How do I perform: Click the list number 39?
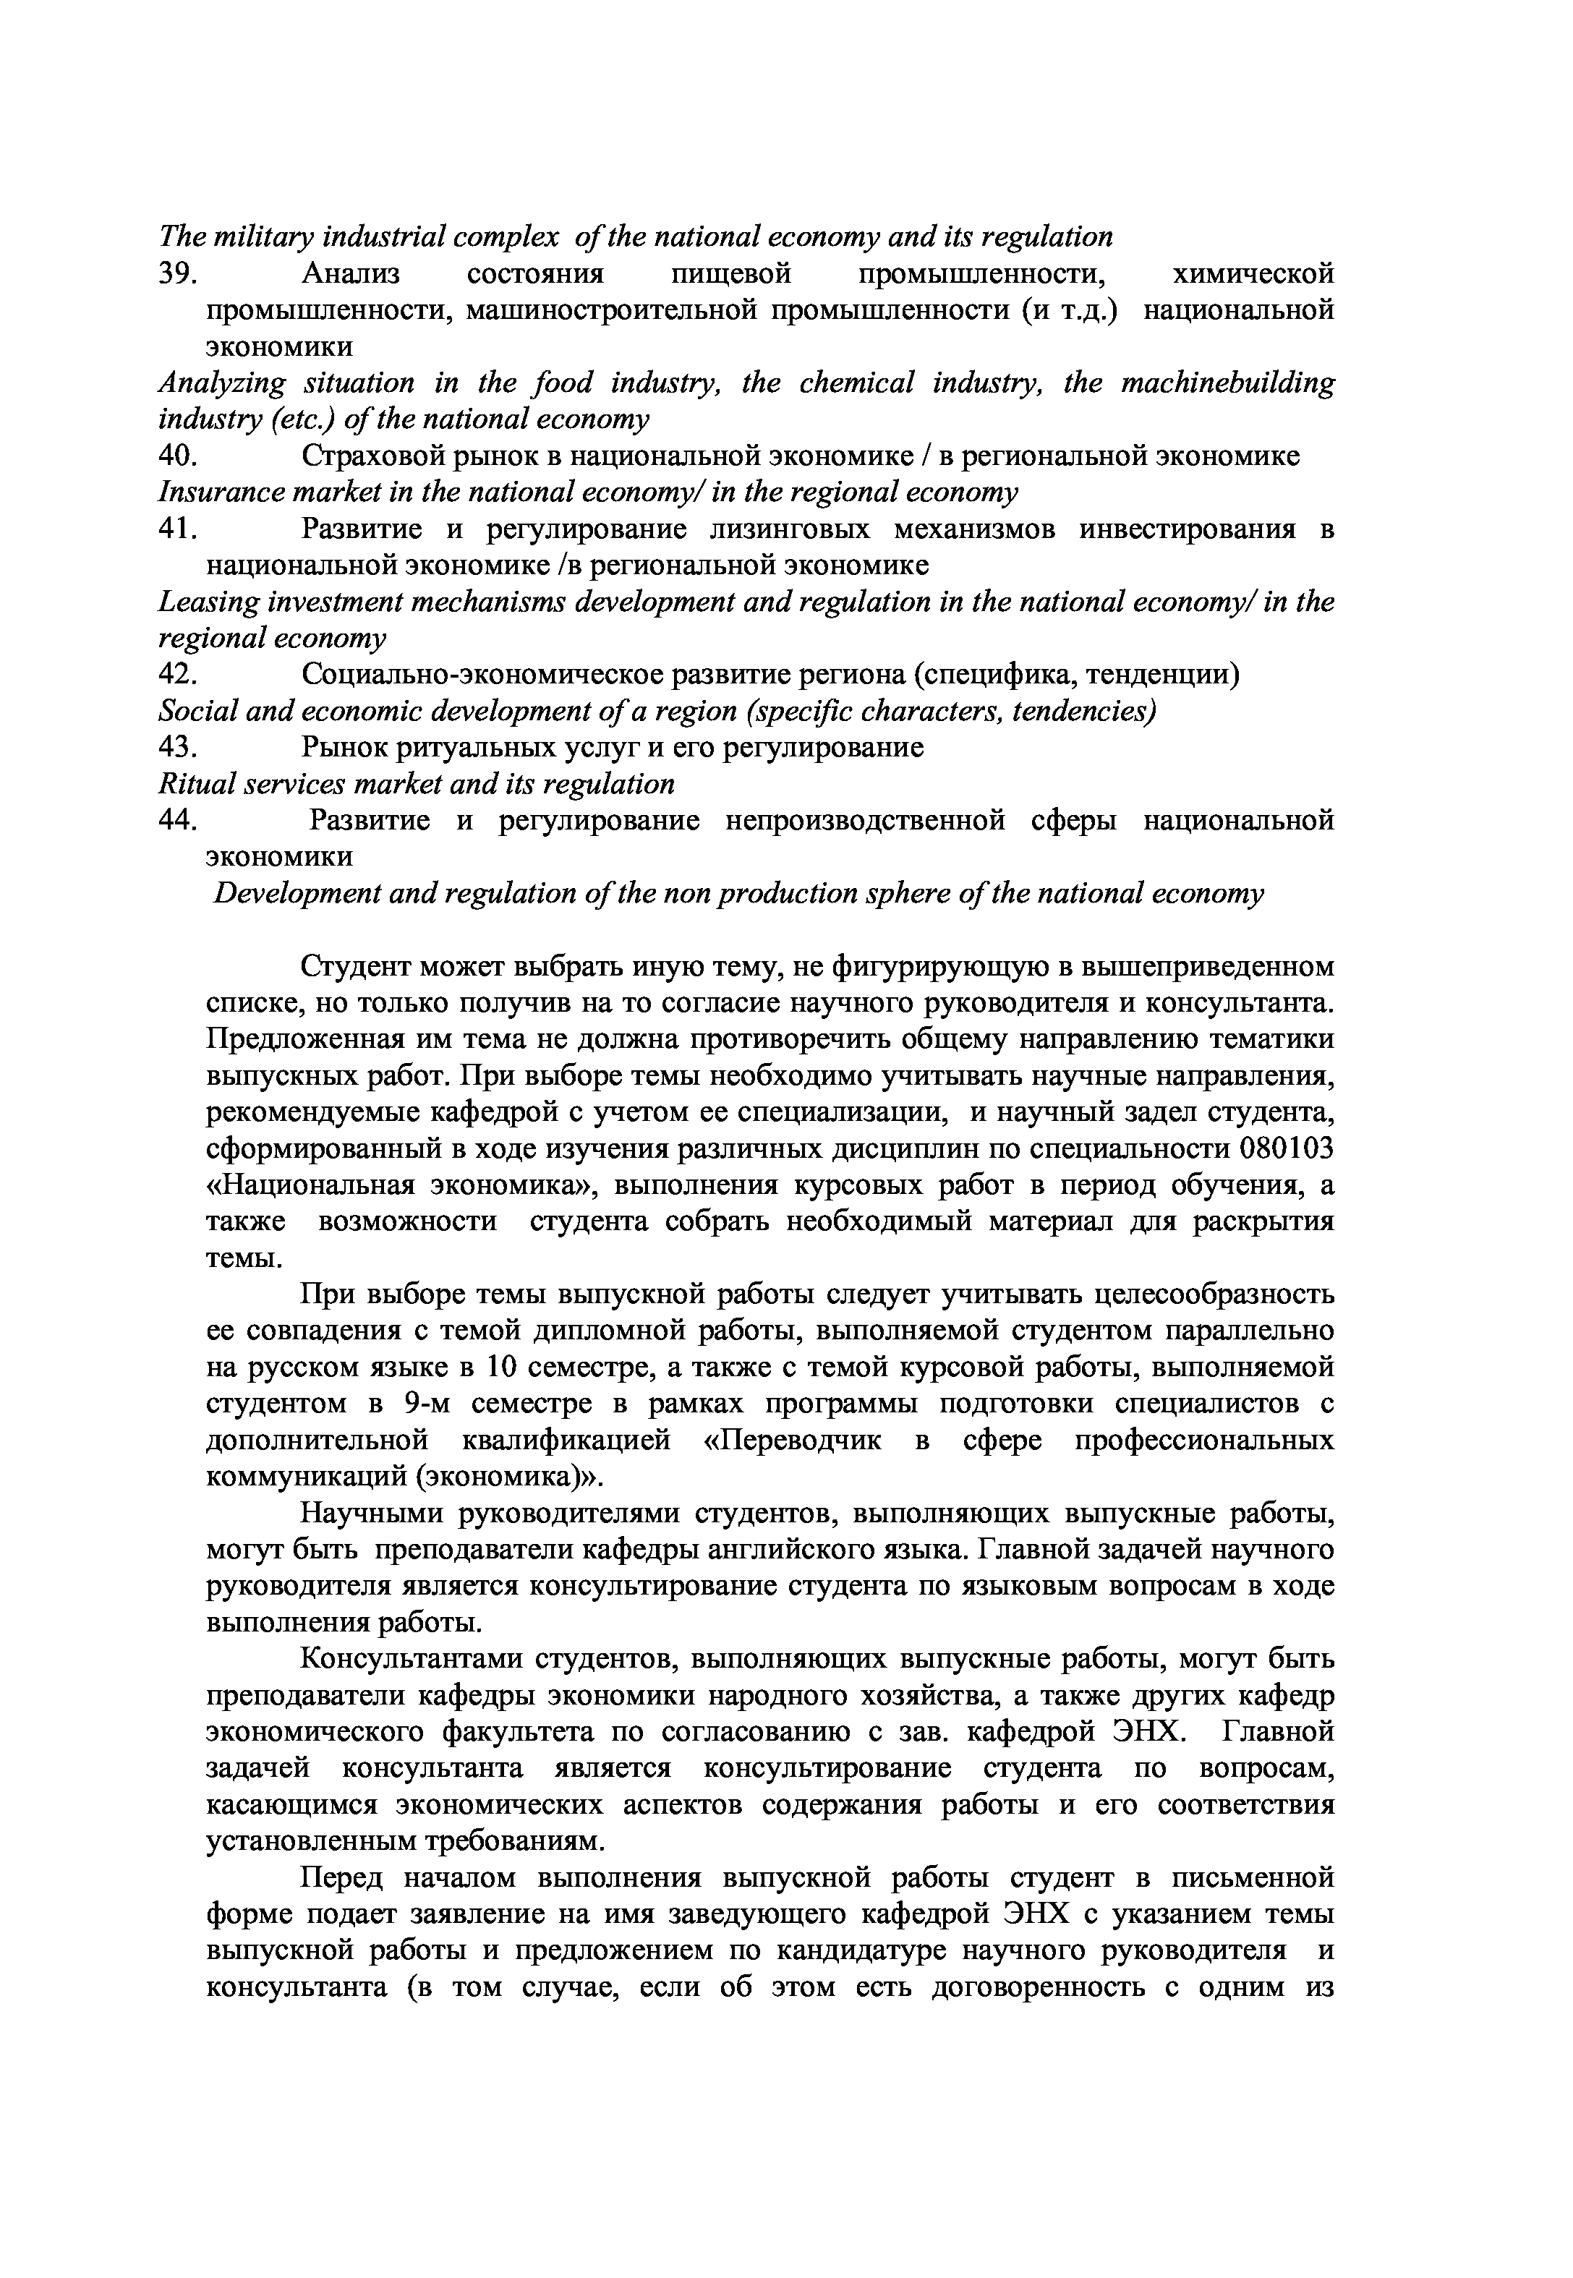pos(179,273)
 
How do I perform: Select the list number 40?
pos(179,456)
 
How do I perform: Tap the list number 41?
pos(179,529)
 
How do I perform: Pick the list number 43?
pos(179,748)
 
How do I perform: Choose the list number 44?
pos(179,821)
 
